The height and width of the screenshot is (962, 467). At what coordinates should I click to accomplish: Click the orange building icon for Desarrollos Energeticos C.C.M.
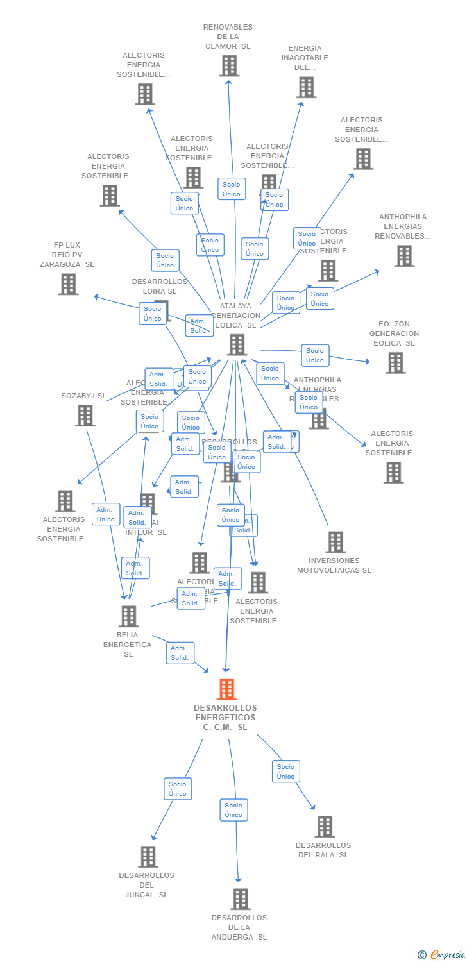(x=226, y=689)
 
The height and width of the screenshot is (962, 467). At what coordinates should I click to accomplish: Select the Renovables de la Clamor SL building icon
(x=229, y=65)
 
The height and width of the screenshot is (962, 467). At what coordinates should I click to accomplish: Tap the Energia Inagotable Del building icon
(x=306, y=87)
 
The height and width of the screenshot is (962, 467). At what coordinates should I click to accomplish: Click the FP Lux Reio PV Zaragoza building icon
(x=68, y=284)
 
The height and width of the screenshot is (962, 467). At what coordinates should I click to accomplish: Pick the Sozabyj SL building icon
(x=85, y=416)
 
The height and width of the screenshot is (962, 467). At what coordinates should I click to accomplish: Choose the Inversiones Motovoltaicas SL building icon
(x=335, y=542)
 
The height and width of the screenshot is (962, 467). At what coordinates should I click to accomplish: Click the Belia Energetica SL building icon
(x=128, y=616)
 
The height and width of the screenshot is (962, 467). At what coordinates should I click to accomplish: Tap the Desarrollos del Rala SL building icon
(x=325, y=827)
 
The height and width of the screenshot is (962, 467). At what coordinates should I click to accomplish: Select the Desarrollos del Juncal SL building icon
(x=148, y=857)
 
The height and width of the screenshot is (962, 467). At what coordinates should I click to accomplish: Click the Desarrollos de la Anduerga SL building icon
(x=240, y=899)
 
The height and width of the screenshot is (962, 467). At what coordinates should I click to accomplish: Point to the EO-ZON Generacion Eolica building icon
(x=395, y=362)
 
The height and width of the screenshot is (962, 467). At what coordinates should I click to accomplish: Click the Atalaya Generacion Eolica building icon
(x=237, y=344)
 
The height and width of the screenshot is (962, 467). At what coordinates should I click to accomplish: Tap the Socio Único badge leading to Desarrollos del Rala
(x=285, y=772)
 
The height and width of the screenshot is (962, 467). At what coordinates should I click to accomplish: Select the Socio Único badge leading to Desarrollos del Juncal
(x=178, y=789)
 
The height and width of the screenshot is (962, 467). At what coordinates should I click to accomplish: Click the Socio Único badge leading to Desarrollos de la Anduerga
(x=234, y=810)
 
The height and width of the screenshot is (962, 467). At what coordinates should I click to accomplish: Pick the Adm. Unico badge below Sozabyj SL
(x=105, y=514)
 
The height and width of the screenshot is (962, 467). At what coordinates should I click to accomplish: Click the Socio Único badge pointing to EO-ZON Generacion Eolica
(x=315, y=355)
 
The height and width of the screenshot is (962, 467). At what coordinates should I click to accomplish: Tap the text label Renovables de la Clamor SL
(x=228, y=37)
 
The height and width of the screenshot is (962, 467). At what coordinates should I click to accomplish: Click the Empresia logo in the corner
(x=442, y=955)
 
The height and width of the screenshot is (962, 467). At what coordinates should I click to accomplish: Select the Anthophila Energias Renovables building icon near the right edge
(x=404, y=256)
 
